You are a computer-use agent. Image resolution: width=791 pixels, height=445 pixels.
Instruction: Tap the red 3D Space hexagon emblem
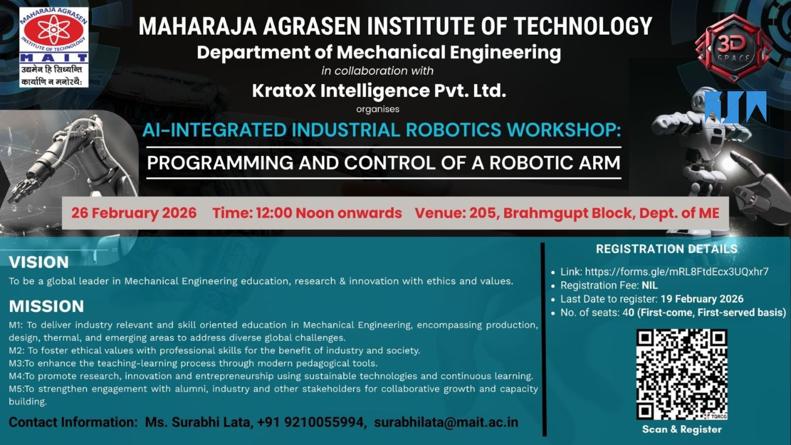[733, 48]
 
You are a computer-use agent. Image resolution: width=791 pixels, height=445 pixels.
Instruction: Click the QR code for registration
[682, 374]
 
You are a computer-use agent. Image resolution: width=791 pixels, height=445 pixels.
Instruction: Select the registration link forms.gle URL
[676, 272]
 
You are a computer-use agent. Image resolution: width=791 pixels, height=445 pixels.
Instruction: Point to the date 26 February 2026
[134, 213]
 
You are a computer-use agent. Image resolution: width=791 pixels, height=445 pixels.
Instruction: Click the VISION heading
[39, 262]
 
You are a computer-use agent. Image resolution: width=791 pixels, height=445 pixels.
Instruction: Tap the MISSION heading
[46, 306]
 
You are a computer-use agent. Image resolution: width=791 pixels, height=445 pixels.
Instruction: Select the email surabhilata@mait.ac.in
[446, 422]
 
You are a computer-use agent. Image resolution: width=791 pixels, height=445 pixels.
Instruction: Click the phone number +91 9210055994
[311, 422]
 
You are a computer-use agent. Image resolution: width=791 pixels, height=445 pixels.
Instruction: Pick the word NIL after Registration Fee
[650, 285]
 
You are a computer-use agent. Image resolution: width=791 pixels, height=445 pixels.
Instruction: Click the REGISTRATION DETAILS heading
[667, 249]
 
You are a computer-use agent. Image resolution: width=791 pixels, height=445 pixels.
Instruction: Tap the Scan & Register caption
[682, 429]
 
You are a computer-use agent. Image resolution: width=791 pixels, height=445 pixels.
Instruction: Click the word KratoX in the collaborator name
[284, 91]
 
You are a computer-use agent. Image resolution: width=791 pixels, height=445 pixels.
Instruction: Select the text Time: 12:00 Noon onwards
[307, 213]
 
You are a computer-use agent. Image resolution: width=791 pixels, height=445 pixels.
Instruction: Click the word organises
[378, 109]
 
